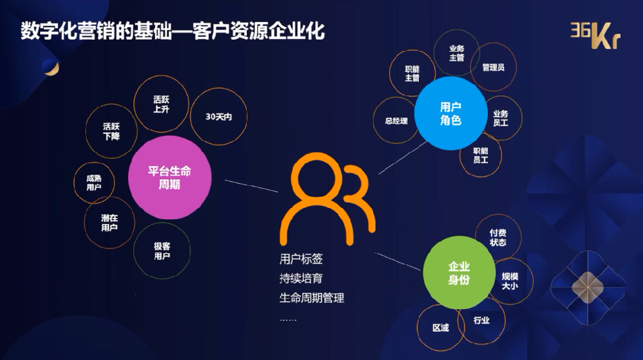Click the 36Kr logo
(x=595, y=35)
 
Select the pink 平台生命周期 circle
(x=170, y=177)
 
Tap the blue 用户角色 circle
(x=451, y=113)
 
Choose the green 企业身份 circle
(x=459, y=273)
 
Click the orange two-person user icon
(x=327, y=200)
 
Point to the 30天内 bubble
(x=219, y=117)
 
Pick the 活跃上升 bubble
(x=161, y=104)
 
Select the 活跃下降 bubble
(x=111, y=131)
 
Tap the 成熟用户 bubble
(x=94, y=183)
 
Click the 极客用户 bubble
(x=162, y=251)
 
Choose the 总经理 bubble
(x=396, y=120)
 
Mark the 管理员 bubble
(x=493, y=67)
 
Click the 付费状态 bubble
(x=498, y=237)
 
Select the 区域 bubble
(x=441, y=327)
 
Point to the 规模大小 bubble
(x=510, y=281)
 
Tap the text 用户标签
(x=301, y=259)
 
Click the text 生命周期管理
(x=311, y=298)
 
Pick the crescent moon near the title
(x=51, y=67)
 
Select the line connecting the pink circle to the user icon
(x=251, y=186)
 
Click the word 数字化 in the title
(x=50, y=31)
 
